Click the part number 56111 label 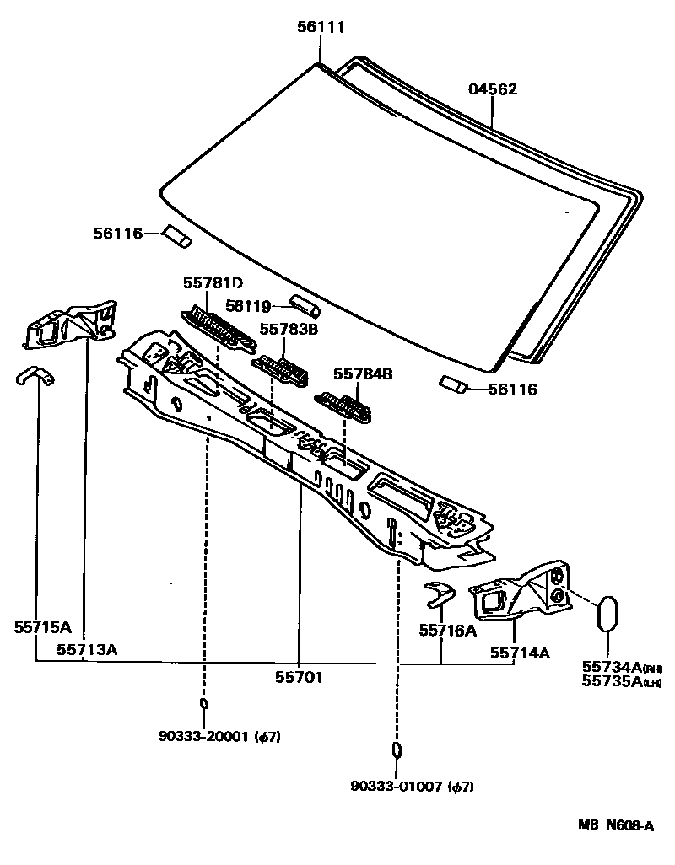pyautogui.click(x=321, y=28)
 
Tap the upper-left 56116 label pyautogui.click(x=117, y=233)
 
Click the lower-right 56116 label pyautogui.click(x=513, y=390)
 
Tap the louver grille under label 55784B pyautogui.click(x=343, y=406)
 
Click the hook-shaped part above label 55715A pyautogui.click(x=35, y=376)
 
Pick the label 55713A pyautogui.click(x=87, y=649)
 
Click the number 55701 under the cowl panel pyautogui.click(x=300, y=676)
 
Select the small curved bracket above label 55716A pyautogui.click(x=438, y=593)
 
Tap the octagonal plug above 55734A pyautogui.click(x=609, y=615)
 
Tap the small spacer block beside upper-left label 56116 pyautogui.click(x=178, y=237)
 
